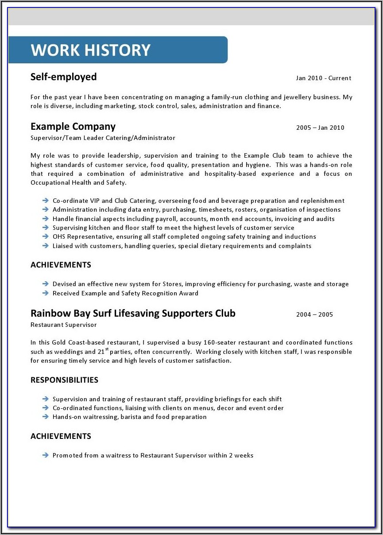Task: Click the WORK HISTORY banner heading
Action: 90,50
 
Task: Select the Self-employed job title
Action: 63,77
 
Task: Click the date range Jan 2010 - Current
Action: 323,78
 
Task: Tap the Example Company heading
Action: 73,127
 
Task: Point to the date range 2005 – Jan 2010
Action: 320,128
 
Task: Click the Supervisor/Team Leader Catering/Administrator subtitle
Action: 103,138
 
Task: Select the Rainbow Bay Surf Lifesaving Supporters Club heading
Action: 133,314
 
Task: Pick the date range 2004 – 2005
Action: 314,315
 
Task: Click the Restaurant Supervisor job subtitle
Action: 63,325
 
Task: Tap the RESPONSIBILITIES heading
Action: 64,380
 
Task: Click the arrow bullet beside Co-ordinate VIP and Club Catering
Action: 45,201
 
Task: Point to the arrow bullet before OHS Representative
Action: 45,236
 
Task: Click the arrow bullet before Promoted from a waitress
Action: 45,455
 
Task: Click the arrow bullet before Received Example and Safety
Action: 45,293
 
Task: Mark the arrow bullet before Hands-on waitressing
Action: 45,417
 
